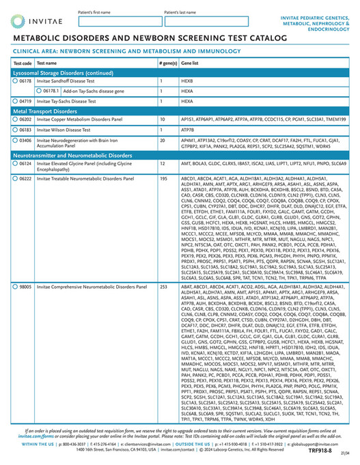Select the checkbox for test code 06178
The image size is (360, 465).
click(x=16, y=80)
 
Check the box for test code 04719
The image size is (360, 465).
click(x=16, y=100)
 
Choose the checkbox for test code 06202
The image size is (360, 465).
click(x=16, y=119)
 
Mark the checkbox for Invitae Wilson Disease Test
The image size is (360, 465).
click(x=16, y=129)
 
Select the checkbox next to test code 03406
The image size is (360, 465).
click(x=16, y=139)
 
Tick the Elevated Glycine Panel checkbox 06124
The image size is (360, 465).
click(x=16, y=164)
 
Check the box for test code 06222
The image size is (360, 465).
click(x=16, y=178)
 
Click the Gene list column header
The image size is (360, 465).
click(x=189, y=62)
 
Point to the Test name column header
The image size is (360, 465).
click(x=47, y=62)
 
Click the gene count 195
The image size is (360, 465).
click(x=163, y=178)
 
